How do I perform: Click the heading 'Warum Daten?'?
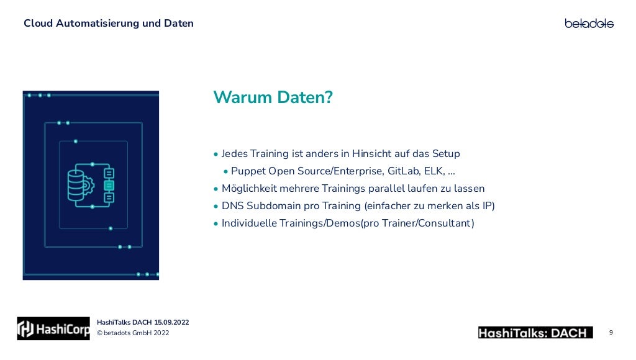(273, 98)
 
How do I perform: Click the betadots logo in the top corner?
(589, 24)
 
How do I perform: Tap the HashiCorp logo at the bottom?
(53, 328)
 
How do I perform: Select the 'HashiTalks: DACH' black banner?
(535, 333)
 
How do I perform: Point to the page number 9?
(611, 333)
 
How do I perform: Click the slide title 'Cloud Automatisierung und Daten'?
(109, 24)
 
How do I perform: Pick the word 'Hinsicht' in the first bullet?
(371, 154)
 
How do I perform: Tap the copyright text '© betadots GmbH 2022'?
(133, 334)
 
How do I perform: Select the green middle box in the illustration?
(109, 185)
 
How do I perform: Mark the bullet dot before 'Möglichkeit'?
(216, 189)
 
